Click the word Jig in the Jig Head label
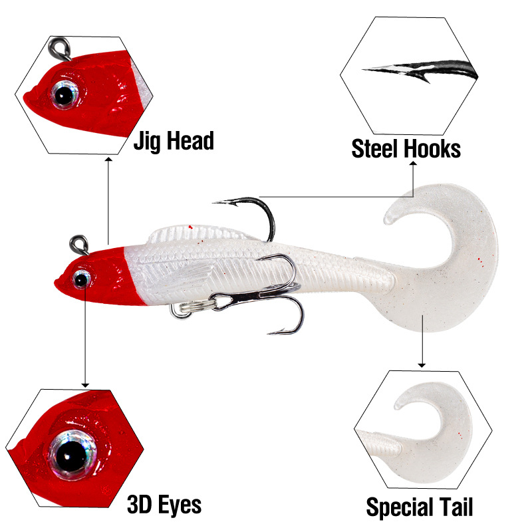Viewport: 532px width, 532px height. [x=149, y=141]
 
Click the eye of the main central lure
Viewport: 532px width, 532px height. [x=82, y=279]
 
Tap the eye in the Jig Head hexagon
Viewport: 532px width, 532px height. [x=65, y=96]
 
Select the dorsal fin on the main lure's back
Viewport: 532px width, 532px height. [x=193, y=233]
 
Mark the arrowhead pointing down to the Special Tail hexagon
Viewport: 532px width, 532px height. [x=421, y=364]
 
